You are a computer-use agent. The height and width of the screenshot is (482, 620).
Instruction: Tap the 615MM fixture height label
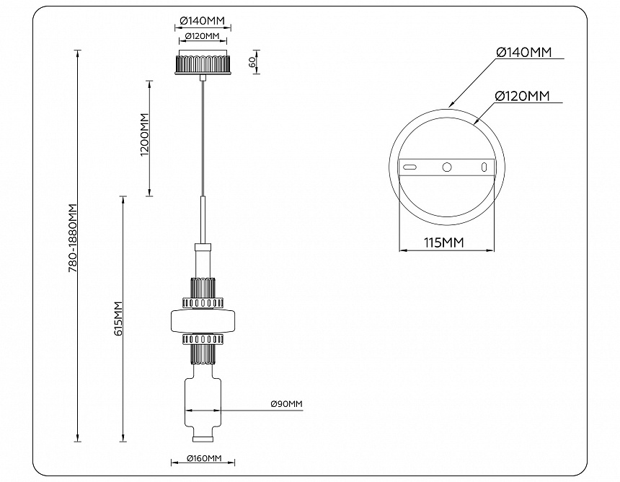[119, 318]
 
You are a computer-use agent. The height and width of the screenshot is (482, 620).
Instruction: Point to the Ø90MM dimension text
[286, 404]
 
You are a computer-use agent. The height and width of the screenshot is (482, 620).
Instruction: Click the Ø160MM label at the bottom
[203, 457]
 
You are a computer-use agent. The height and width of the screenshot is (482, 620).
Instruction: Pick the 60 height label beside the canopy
[252, 62]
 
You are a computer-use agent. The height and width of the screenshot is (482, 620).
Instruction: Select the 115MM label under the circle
[443, 242]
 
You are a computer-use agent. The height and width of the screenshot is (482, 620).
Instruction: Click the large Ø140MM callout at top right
[524, 53]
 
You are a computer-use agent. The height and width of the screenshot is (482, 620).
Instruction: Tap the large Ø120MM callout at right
[523, 96]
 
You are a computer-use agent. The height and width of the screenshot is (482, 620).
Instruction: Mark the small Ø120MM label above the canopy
[202, 36]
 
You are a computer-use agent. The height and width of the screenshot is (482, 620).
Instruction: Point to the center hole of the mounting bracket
[447, 167]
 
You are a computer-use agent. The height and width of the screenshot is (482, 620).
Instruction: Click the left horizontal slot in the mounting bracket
[409, 167]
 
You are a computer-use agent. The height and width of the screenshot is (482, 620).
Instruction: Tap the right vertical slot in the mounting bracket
[484, 167]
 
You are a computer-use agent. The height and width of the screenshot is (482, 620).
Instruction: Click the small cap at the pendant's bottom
[203, 437]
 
